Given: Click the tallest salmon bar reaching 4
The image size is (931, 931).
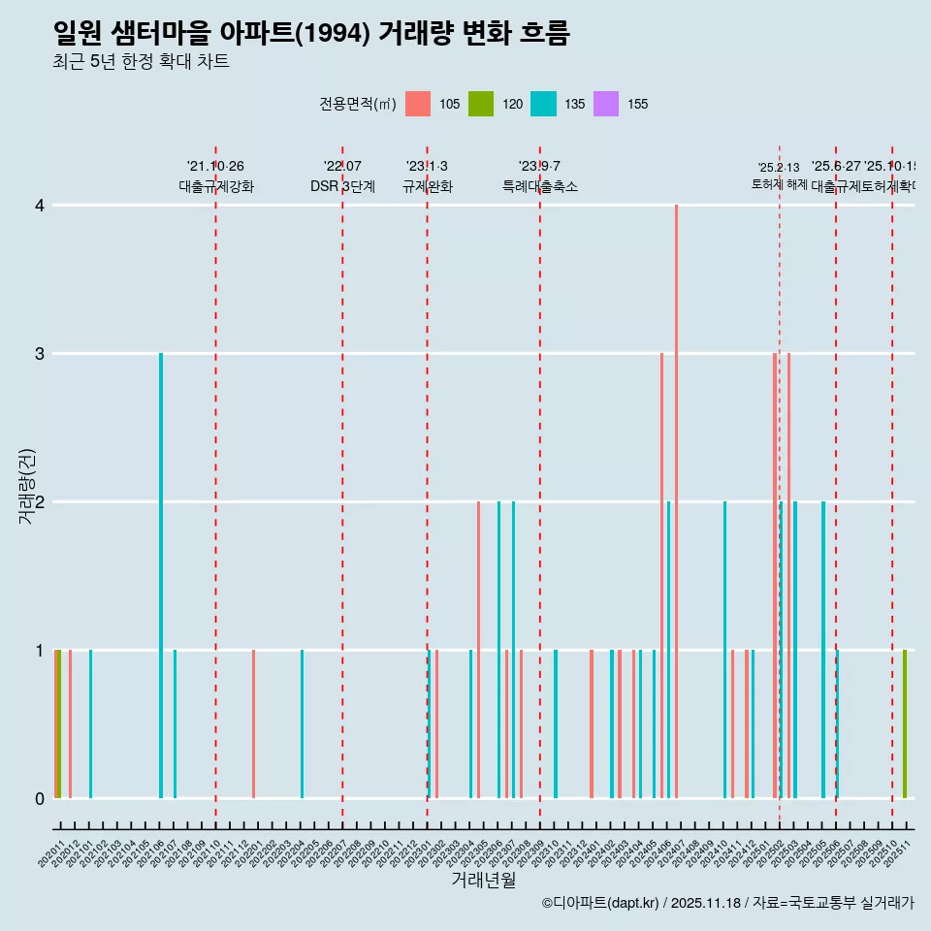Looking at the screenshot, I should tap(676, 500).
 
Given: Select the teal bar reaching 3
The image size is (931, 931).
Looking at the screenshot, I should tap(161, 575).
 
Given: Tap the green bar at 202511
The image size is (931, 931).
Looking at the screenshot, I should tap(905, 723).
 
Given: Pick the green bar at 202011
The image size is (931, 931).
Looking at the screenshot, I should tap(59, 723).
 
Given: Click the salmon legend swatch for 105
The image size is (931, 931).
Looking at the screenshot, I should tap(418, 104).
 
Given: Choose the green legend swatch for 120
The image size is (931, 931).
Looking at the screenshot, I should tap(481, 104).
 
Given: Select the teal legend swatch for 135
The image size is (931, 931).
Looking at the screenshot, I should tap(543, 104).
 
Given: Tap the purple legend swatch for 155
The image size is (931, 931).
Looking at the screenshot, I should tap(606, 104).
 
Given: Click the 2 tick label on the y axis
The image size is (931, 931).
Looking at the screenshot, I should tap(40, 502).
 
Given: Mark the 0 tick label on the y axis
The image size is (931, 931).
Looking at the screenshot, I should tap(40, 799).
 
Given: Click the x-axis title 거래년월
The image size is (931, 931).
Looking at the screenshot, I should tap(483, 880).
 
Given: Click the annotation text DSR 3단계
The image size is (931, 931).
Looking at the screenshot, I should tap(342, 186).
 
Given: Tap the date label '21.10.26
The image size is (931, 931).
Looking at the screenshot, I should tap(215, 167).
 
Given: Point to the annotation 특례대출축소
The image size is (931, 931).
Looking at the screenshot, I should tap(539, 186).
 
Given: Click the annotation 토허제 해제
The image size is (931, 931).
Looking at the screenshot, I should tap(779, 183).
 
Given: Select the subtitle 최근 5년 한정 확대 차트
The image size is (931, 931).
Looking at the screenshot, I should tap(141, 62).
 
